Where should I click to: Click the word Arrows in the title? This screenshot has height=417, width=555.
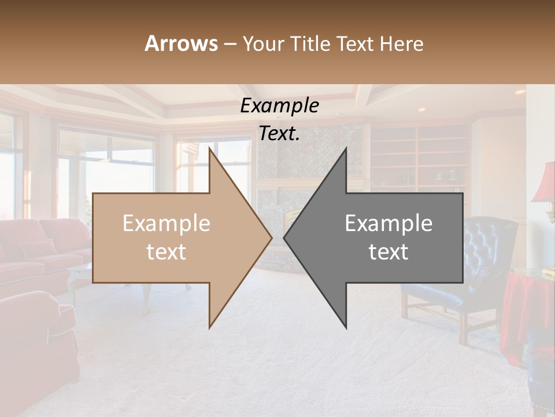[x=181, y=43]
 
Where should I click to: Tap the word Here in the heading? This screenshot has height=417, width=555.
[x=401, y=43]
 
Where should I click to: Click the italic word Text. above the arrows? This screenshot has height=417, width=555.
[x=279, y=134]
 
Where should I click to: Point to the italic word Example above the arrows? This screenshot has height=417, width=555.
[x=279, y=106]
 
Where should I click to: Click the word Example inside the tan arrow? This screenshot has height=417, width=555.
[x=166, y=224]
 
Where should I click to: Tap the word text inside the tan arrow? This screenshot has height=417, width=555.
[x=166, y=252]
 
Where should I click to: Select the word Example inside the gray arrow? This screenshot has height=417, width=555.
[x=388, y=224]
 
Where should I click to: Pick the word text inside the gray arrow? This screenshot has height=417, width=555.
[x=388, y=252]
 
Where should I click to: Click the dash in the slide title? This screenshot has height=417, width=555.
[x=230, y=44]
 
